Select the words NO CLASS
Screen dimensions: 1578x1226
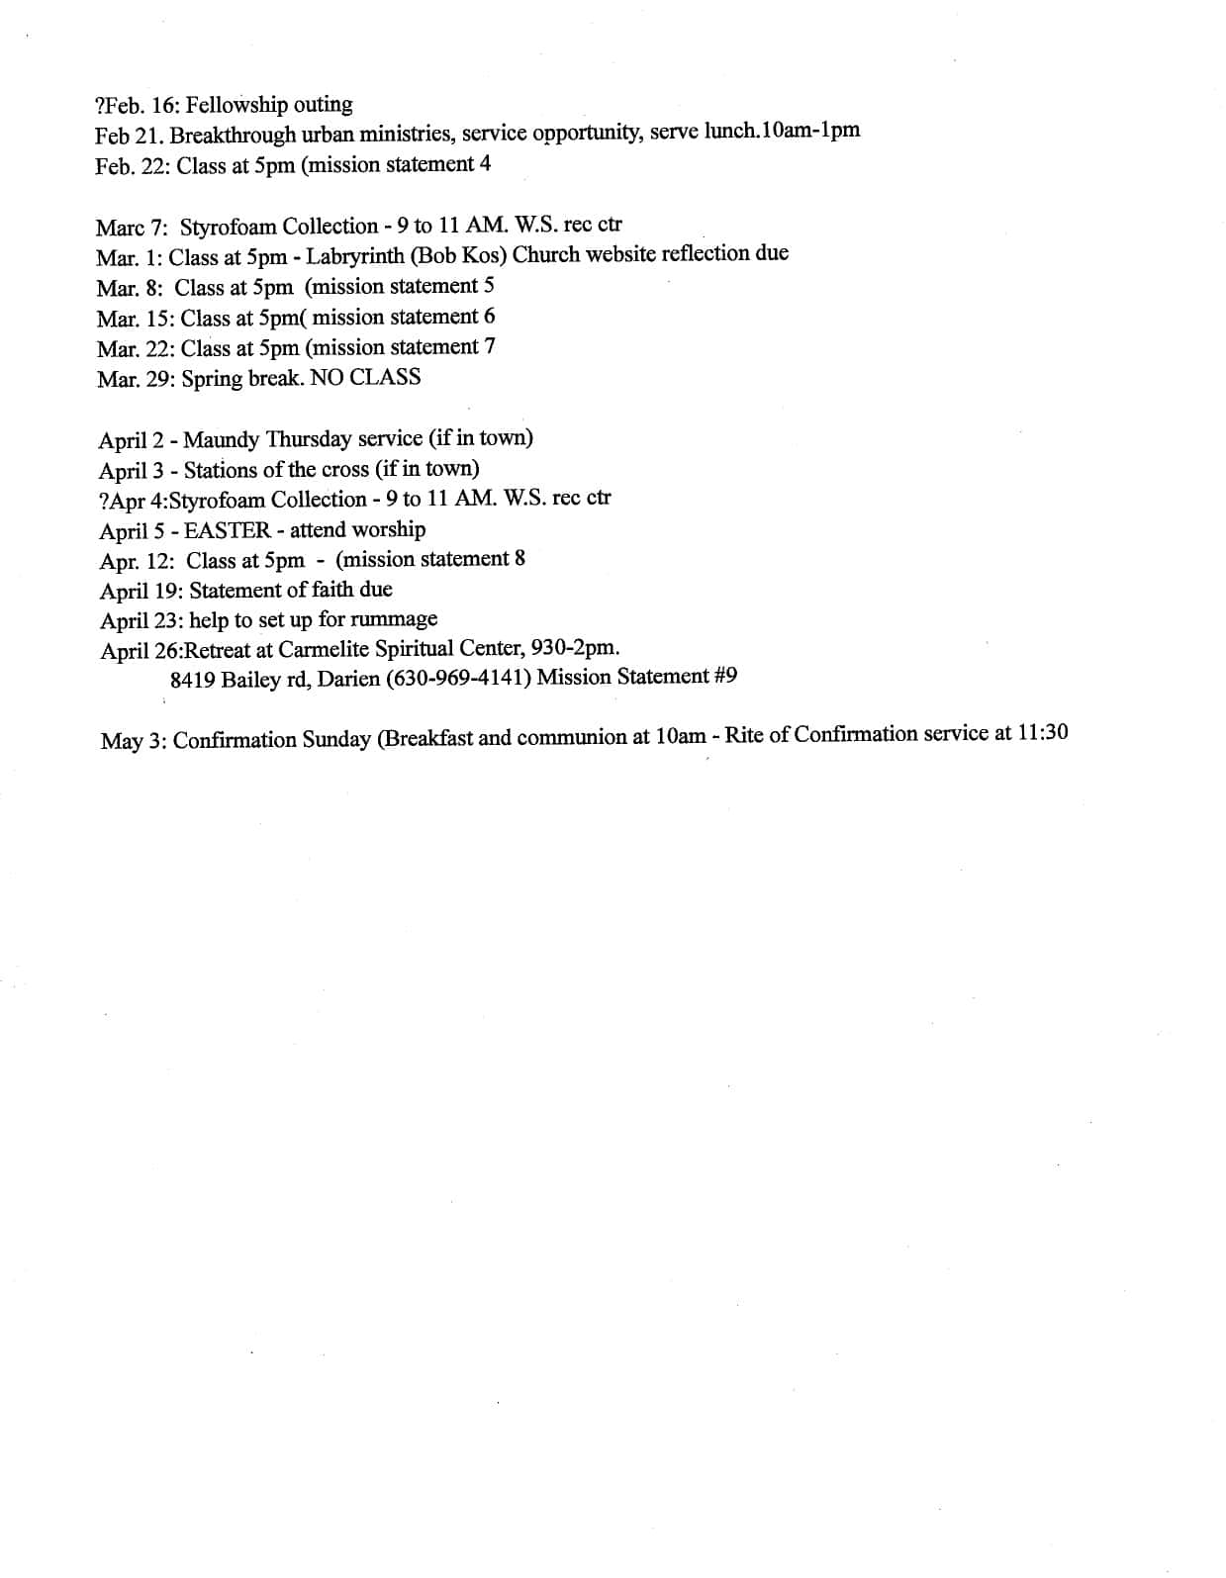pos(365,378)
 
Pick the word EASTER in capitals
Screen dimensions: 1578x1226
pos(228,530)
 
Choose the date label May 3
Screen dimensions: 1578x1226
pos(132,741)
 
